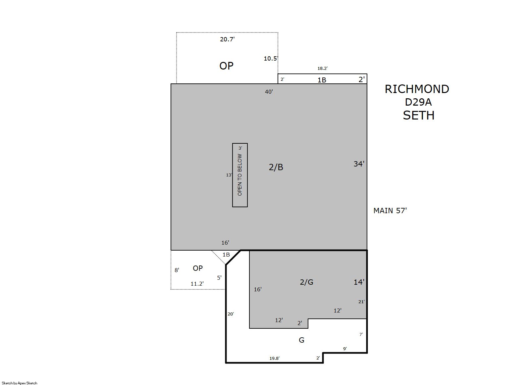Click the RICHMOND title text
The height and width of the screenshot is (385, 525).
[x=417, y=89]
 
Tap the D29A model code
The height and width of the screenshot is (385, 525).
[x=418, y=102]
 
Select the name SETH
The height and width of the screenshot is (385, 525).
[x=419, y=115]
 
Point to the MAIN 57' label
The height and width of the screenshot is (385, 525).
[x=390, y=211]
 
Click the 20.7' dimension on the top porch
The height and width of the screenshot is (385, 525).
[x=227, y=39]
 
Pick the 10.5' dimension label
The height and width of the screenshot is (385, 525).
[x=271, y=58]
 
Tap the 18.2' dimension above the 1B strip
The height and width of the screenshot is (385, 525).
[x=323, y=68]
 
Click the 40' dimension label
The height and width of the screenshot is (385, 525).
[x=269, y=92]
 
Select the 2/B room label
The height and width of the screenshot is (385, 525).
[x=276, y=167]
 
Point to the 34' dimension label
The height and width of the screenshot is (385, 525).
[x=359, y=164]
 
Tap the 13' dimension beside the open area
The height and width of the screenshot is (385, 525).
[x=229, y=175]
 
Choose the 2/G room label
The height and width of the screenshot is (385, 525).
[x=307, y=282]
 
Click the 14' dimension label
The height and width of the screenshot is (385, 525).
[x=359, y=282]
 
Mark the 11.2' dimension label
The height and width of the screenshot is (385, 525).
[x=197, y=284]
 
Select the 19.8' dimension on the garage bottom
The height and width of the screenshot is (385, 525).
[x=274, y=358]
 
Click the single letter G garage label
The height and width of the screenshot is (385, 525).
[x=301, y=340]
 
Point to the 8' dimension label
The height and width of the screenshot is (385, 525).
[x=177, y=270]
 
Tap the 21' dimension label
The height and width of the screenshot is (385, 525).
[x=361, y=302]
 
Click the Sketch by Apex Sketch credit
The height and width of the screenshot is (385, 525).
[x=20, y=383]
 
